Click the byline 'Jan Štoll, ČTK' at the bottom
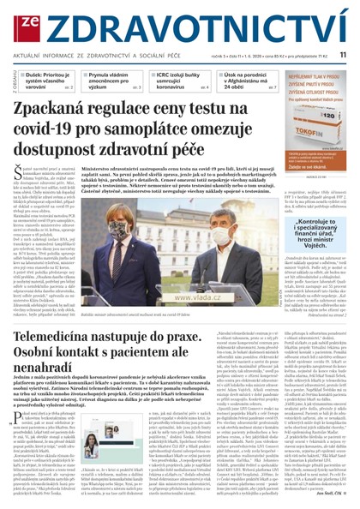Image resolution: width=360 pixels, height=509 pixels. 333,494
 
